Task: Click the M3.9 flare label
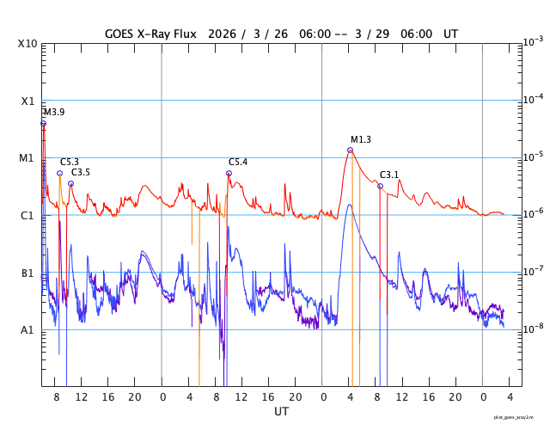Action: click(x=54, y=113)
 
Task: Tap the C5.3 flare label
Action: click(x=70, y=162)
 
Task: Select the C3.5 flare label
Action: click(x=81, y=172)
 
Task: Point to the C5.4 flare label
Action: click(x=238, y=162)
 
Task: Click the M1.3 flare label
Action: click(x=361, y=139)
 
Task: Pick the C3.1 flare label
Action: click(x=389, y=175)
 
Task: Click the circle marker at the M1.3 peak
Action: click(x=350, y=150)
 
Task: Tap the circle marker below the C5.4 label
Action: click(x=229, y=173)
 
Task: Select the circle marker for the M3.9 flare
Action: click(x=43, y=123)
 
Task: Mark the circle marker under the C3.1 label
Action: click(x=380, y=186)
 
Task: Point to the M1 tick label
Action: click(x=27, y=158)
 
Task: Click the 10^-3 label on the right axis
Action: click(x=533, y=40)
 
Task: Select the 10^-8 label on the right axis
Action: click(x=533, y=329)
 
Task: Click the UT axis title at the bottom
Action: click(x=281, y=412)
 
